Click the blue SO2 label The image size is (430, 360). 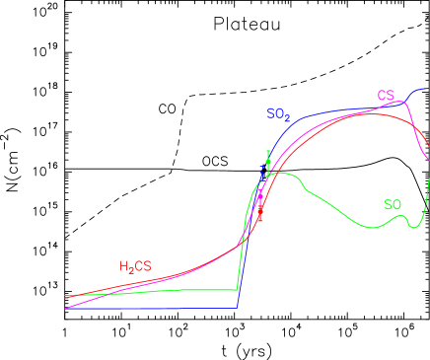278,114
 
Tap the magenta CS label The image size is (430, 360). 386,96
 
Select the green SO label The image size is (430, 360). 393,205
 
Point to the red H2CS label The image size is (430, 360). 135,266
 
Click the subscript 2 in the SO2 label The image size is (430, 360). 287,117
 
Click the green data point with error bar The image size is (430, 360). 268,161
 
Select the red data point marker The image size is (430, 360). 260,210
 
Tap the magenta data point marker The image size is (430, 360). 261,191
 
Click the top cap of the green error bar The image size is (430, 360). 268,151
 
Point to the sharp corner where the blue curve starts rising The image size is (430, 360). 238,308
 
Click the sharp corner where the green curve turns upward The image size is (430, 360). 238,290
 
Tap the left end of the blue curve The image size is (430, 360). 66,309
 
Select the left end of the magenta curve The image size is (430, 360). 66,309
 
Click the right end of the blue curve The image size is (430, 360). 429,89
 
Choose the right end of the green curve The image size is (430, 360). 429,177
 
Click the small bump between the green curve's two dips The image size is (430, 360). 400,216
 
